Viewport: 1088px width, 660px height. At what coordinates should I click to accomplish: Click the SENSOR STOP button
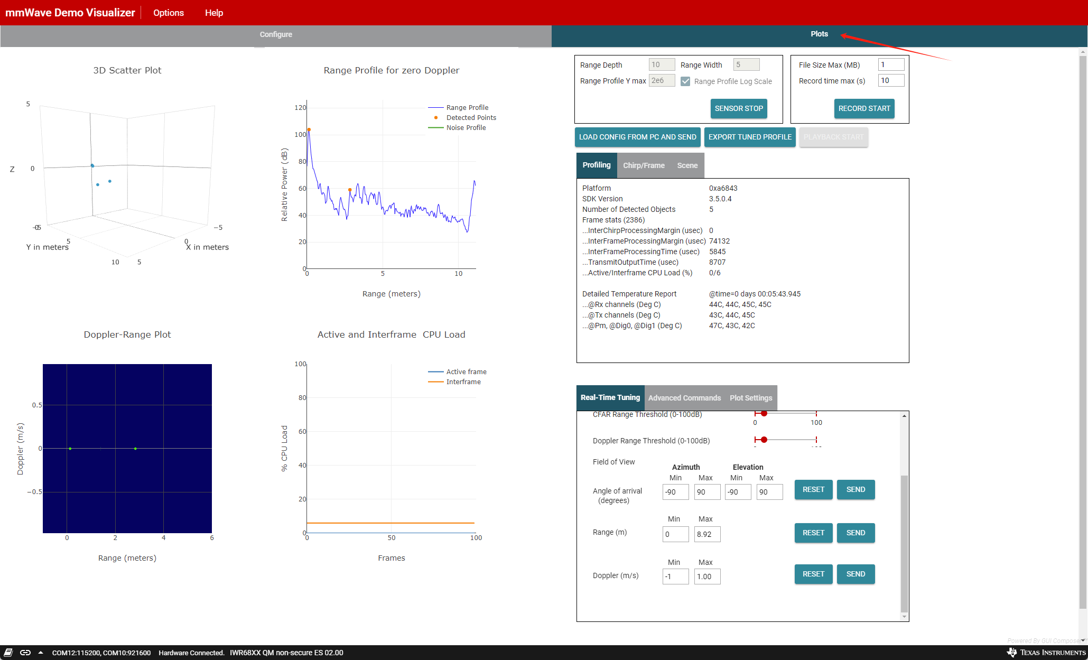(738, 108)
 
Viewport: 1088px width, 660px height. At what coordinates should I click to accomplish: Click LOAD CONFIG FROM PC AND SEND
(637, 137)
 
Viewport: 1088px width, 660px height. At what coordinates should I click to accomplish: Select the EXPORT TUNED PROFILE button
(749, 137)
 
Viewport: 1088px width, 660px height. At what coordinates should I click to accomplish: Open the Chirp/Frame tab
(644, 165)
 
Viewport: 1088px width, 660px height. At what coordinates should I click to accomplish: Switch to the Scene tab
(687, 165)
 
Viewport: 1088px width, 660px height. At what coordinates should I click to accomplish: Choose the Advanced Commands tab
(684, 398)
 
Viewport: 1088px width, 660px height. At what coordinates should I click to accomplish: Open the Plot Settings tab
(750, 398)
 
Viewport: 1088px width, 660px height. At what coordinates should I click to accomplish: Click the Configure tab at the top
(276, 34)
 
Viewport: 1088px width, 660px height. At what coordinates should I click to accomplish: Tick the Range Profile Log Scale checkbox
(685, 81)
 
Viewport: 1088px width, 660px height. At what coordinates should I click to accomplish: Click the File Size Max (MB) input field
(890, 64)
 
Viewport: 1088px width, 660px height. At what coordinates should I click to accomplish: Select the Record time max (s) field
(890, 80)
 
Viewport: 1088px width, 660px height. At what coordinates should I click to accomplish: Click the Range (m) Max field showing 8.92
(706, 534)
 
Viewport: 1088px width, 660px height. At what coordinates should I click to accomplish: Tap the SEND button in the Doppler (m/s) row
(855, 574)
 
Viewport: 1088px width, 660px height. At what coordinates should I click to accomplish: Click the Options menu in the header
(169, 13)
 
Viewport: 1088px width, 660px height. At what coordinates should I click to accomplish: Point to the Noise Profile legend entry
(466, 128)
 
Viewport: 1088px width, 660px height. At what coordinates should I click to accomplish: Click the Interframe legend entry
(463, 382)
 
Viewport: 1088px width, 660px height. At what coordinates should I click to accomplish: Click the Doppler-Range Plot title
(127, 334)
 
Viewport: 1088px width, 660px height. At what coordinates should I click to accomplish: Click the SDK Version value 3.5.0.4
(720, 199)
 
